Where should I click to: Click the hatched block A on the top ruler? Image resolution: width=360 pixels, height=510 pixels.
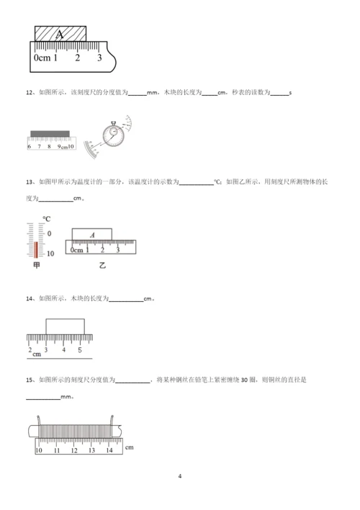(x=60, y=34)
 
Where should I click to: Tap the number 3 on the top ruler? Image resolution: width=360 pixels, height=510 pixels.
(x=99, y=58)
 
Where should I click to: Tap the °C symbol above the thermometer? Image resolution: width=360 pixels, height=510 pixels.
(x=46, y=219)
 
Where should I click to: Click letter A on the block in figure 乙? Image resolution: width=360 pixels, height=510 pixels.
(x=93, y=234)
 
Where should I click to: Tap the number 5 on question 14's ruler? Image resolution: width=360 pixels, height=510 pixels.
(x=80, y=350)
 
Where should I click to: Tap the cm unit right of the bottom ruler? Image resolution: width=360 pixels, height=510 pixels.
(x=129, y=447)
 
